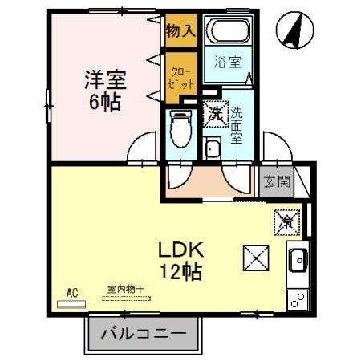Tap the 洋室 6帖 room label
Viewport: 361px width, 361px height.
pyautogui.click(x=107, y=90)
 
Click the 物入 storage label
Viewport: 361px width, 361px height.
pyautogui.click(x=180, y=32)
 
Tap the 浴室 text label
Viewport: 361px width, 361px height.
pyautogui.click(x=229, y=63)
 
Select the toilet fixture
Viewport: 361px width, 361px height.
pyautogui.click(x=179, y=129)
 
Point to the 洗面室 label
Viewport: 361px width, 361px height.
pyautogui.click(x=237, y=124)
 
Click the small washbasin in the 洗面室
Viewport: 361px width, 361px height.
pyautogui.click(x=212, y=148)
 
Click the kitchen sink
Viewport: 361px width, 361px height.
pyautogui.click(x=296, y=261)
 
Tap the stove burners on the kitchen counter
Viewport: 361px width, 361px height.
pyautogui.click(x=296, y=301)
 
